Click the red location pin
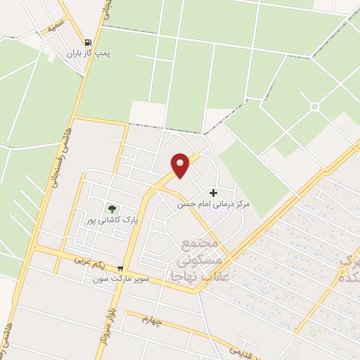(x=181, y=165)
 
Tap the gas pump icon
(x=87, y=42)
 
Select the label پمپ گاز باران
(x=89, y=53)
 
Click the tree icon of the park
(x=110, y=208)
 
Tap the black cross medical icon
(x=214, y=192)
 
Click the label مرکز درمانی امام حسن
(x=213, y=203)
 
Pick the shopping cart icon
(x=121, y=268)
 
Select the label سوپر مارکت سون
(x=120, y=279)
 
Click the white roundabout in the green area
(x=314, y=106)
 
